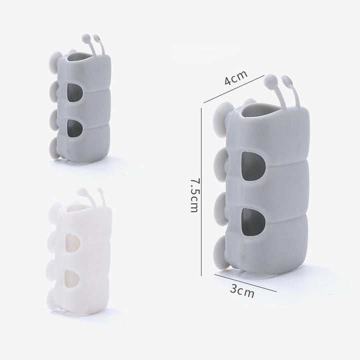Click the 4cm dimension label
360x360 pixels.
pos(236,77)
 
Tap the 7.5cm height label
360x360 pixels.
pos(194,195)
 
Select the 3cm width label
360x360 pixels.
pos(242,291)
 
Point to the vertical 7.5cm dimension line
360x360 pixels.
pos(201,191)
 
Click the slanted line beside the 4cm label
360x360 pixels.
pos(234,89)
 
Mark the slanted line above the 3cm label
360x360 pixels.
pos(245,283)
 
